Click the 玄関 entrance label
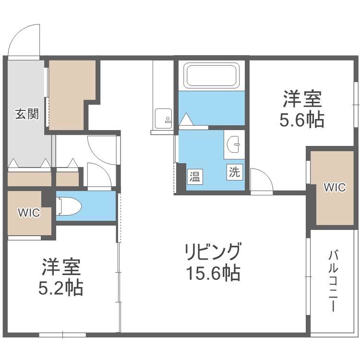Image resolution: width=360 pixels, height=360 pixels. pyautogui.click(x=27, y=114)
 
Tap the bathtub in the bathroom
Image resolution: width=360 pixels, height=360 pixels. pyautogui.click(x=213, y=75)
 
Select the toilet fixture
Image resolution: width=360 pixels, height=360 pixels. pyautogui.click(x=69, y=206)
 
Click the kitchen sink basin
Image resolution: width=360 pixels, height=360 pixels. pyautogui.click(x=163, y=119)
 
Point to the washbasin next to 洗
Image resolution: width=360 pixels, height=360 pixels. pyautogui.click(x=233, y=144)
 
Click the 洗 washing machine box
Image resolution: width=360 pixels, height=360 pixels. pyautogui.click(x=235, y=172)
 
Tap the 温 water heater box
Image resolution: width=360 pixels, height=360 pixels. pyautogui.click(x=195, y=177)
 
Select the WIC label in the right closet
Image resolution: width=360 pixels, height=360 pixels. pyautogui.click(x=335, y=187)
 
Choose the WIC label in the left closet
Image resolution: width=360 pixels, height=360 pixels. pyautogui.click(x=29, y=213)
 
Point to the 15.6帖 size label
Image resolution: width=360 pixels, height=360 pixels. pyautogui.click(x=213, y=273)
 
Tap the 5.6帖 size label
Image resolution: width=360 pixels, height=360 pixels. pyautogui.click(x=302, y=120)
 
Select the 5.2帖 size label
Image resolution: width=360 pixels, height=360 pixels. pyautogui.click(x=60, y=288)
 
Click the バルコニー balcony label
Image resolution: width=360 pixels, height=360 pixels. pyautogui.click(x=334, y=281)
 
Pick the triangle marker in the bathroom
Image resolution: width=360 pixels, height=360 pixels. pyautogui.click(x=187, y=119)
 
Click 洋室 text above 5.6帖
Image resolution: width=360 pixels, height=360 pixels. pyautogui.click(x=302, y=99)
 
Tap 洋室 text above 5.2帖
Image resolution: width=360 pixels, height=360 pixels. pyautogui.click(x=61, y=267)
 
